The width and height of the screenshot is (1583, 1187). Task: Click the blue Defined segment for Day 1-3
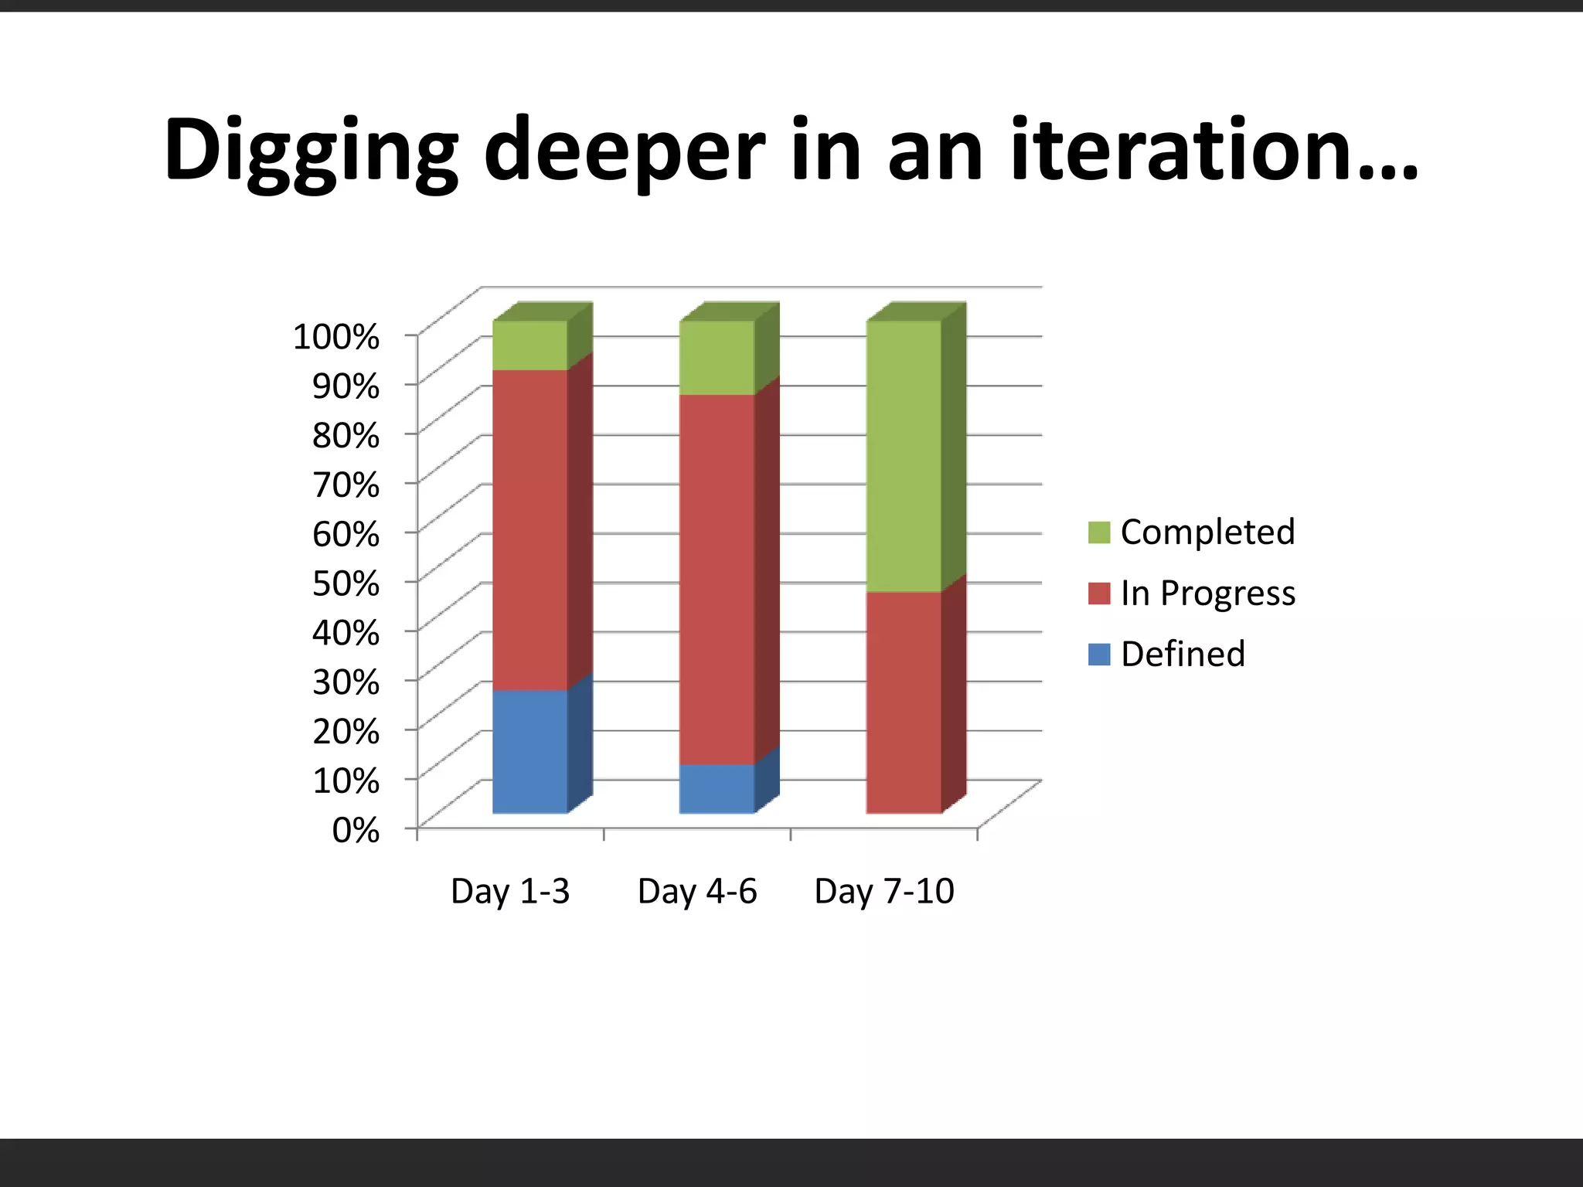(530, 751)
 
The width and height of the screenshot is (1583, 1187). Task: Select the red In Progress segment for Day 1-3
(530, 530)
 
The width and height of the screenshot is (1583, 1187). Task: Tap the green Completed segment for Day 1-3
(530, 345)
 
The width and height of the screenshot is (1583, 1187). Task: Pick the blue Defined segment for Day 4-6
(717, 788)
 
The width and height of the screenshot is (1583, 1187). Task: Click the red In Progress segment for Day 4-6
(717, 580)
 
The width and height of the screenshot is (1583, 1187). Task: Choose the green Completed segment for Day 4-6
(717, 358)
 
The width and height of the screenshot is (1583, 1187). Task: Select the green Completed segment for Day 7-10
(904, 456)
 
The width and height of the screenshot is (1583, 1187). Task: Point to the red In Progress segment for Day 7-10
(904, 702)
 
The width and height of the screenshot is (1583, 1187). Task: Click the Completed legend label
(1207, 532)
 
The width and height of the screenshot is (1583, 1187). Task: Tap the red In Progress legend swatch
(1098, 593)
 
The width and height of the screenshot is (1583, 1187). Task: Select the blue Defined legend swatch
(1098, 655)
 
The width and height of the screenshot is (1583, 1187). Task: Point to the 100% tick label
(336, 337)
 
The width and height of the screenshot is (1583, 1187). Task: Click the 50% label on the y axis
(346, 583)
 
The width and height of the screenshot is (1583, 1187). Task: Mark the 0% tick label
(356, 830)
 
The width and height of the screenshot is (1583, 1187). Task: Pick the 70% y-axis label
(346, 485)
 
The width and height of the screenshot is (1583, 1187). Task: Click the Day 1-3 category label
(510, 891)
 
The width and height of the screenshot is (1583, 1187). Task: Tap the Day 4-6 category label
(697, 891)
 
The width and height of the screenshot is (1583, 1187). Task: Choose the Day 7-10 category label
(884, 891)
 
